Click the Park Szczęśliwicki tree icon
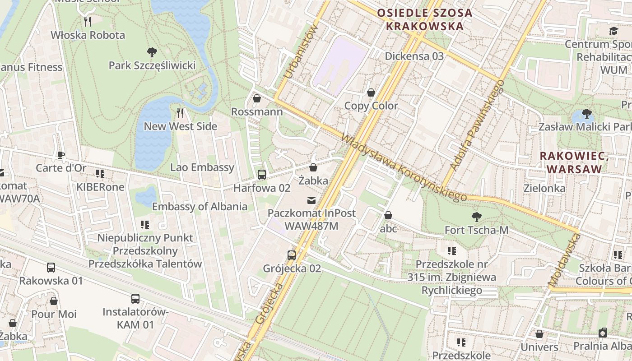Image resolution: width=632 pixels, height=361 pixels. pos(152,52)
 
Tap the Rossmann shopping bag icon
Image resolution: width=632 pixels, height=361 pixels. pos(257,98)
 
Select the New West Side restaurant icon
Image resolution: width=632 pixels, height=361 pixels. pos(180,113)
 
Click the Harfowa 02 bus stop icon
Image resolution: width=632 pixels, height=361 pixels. pos(261,175)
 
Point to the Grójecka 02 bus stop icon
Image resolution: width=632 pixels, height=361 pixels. pos(292,255)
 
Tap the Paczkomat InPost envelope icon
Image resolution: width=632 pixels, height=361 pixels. pos(311,200)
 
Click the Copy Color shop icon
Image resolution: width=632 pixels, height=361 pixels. pos(371,93)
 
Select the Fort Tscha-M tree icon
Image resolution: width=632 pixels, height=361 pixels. pos(476,217)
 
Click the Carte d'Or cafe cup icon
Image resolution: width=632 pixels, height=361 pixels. pos(61,155)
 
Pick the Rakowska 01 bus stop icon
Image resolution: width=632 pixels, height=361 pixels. pos(51,267)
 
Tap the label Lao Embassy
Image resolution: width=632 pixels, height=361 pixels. pos(202,167)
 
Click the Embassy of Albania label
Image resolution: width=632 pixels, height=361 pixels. pos(200,207)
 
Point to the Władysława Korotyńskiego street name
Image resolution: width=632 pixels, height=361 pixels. pos(404,167)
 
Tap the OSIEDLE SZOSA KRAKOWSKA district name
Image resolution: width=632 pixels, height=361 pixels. pos(424,19)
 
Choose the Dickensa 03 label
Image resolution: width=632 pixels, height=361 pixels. pos(414,56)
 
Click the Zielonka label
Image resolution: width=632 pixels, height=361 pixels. pos(544,188)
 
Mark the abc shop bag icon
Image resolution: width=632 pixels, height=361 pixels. pos(388,216)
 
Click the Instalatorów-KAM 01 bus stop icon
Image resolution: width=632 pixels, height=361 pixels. pos(135,298)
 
